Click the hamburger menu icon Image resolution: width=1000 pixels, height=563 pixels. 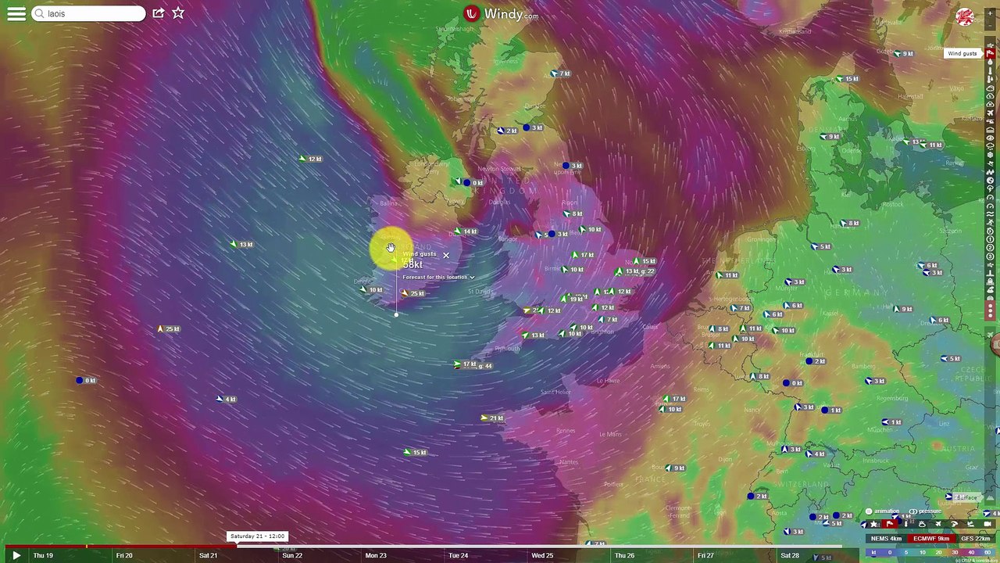[x=16, y=13]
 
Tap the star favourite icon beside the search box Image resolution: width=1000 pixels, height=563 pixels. [x=178, y=13]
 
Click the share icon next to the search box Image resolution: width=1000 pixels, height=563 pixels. [x=159, y=13]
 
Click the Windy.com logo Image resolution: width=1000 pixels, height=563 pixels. [x=501, y=13]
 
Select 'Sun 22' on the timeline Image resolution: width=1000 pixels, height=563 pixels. [x=292, y=555]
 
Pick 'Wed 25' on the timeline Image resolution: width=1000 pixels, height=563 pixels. [x=542, y=555]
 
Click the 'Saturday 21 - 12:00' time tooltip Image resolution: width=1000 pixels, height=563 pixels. [x=258, y=536]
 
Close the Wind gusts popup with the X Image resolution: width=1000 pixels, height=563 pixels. [x=446, y=255]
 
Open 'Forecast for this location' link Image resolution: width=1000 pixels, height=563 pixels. [x=436, y=278]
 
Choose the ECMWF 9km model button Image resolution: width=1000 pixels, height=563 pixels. [x=931, y=538]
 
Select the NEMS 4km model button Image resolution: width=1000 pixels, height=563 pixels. [x=886, y=538]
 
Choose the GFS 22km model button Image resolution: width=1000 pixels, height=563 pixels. [x=975, y=538]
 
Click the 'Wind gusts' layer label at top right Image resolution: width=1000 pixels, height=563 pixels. [x=962, y=53]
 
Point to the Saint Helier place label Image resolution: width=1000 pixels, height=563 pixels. [x=555, y=392]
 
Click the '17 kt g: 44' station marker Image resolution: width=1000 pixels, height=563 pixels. [x=475, y=364]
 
